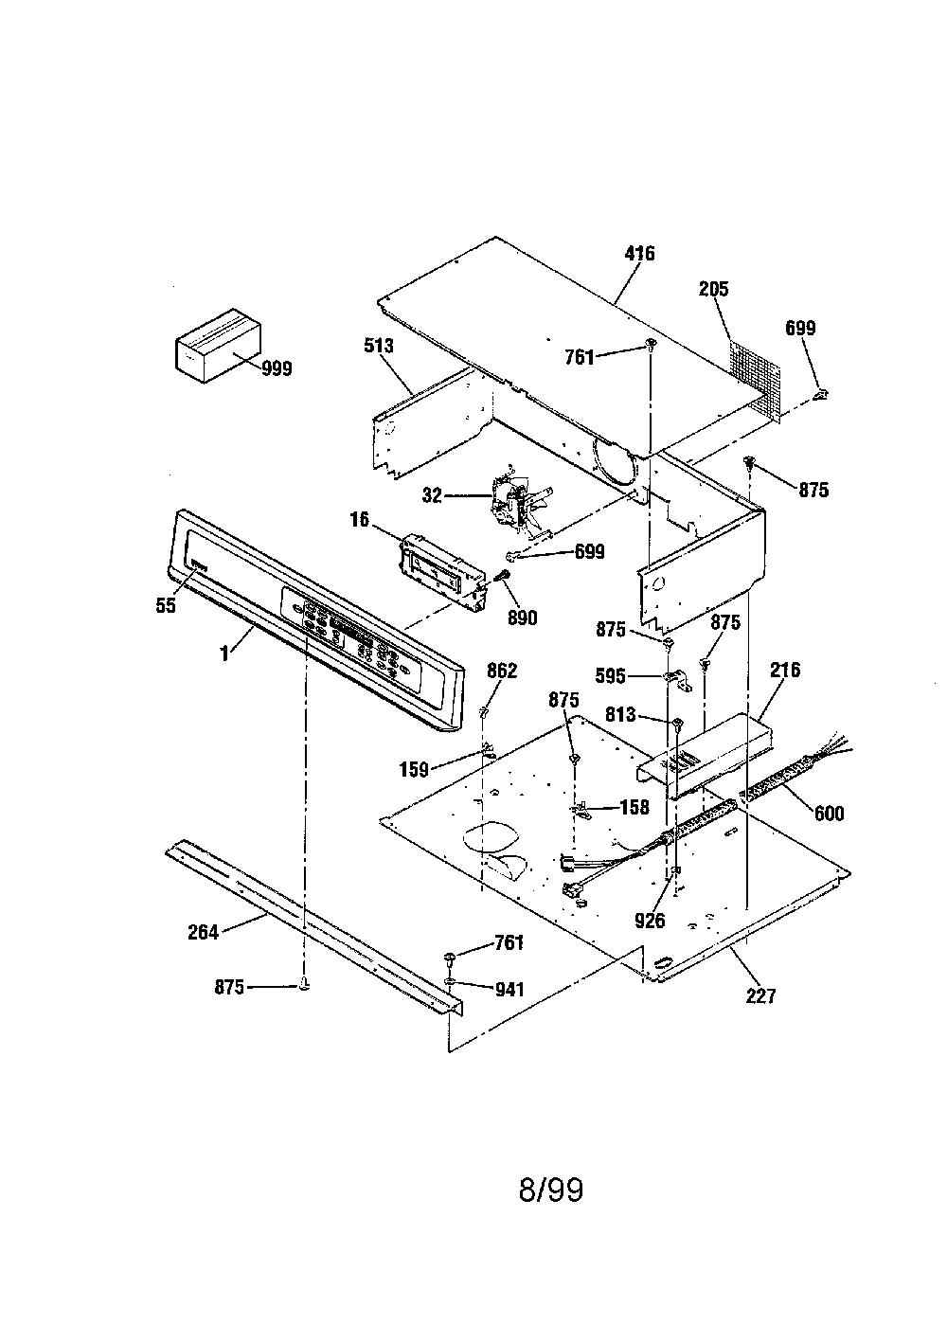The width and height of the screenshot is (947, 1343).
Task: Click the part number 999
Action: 277,368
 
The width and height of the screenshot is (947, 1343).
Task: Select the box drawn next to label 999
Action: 218,346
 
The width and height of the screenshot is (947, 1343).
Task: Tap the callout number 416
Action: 639,253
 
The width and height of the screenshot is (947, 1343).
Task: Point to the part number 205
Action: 713,289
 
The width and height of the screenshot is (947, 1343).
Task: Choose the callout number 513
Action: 379,346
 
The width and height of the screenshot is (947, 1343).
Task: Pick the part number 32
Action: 432,495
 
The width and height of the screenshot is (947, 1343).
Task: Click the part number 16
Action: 360,519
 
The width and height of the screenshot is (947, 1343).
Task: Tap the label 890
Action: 522,618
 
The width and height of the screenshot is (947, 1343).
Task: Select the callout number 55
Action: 166,605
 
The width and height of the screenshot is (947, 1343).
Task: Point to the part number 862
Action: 502,671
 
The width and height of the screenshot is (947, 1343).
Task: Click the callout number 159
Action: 414,769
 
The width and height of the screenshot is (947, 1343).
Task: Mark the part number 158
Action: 634,807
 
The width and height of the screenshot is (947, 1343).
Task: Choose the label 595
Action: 610,676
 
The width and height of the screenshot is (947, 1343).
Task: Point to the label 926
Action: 650,921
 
